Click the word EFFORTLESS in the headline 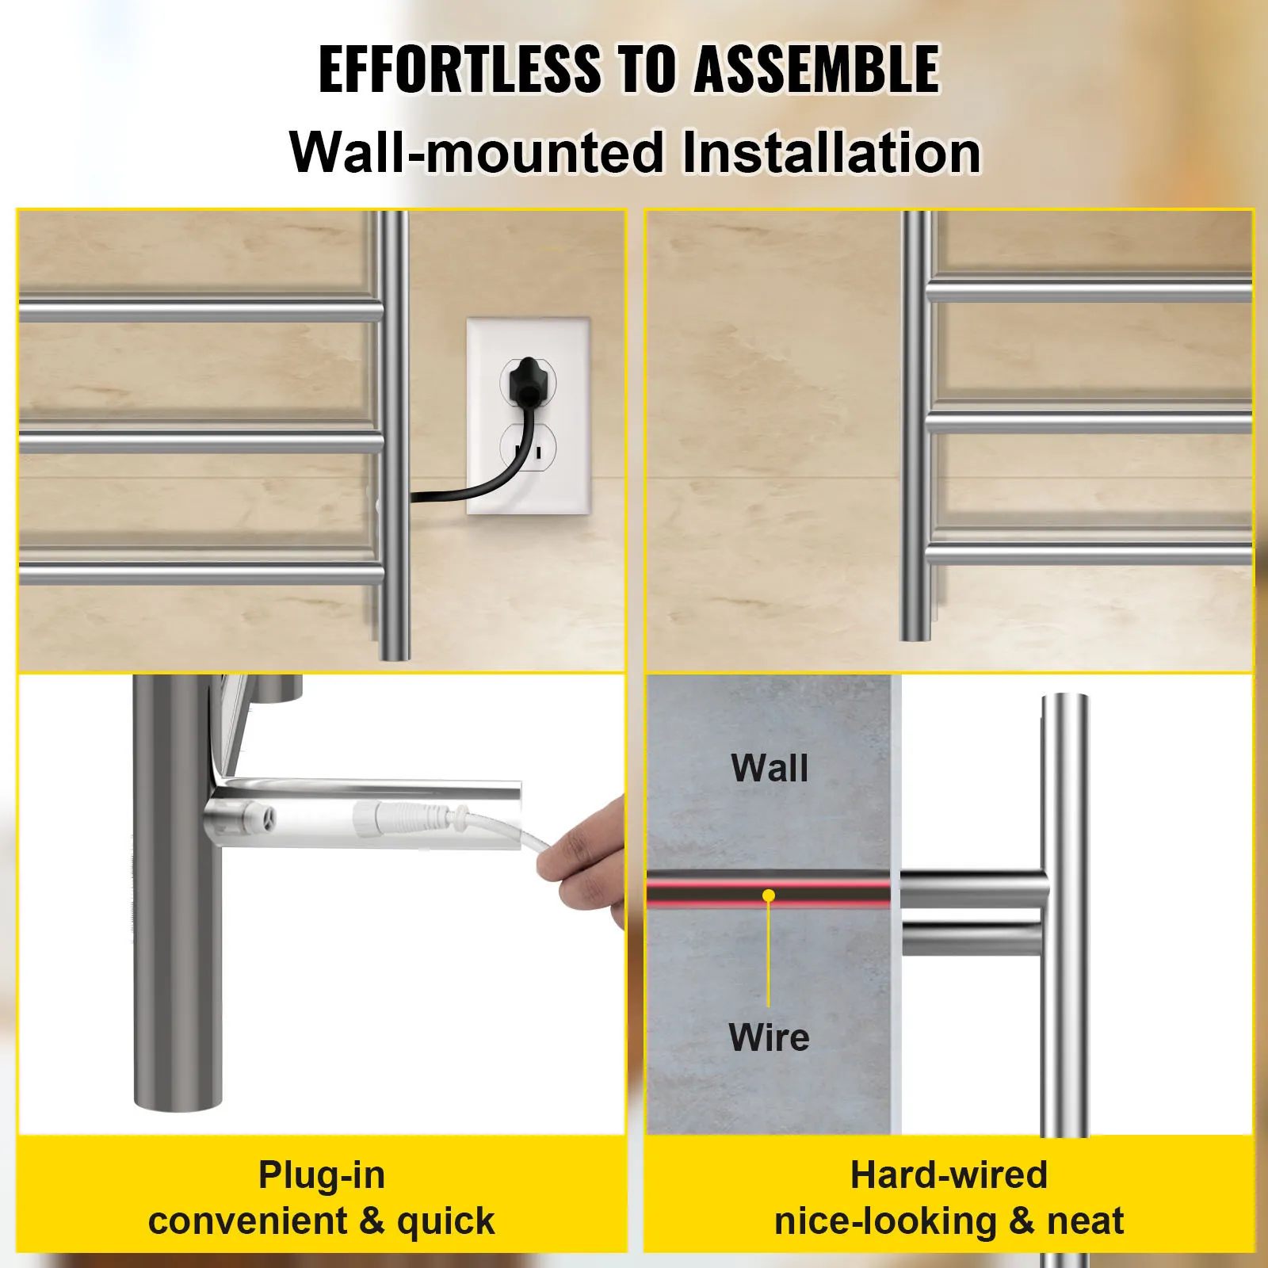(x=460, y=70)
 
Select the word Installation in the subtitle (x=831, y=152)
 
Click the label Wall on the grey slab (x=770, y=768)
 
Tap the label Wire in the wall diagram (x=769, y=1037)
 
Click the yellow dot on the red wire (x=768, y=896)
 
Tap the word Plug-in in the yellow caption (x=322, y=1174)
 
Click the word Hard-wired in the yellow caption (x=949, y=1174)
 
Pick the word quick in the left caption (x=445, y=1221)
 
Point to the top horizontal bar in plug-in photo (x=198, y=311)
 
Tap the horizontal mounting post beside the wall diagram (x=971, y=911)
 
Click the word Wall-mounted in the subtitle (x=476, y=152)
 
